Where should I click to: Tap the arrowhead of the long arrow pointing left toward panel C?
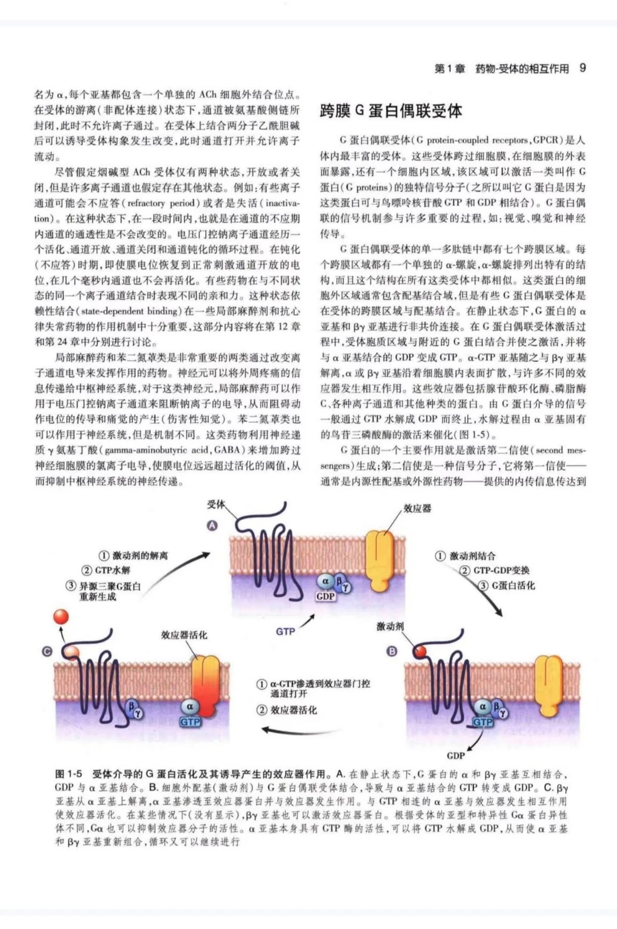(x=263, y=741)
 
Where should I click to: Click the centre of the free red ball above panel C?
(x=61, y=617)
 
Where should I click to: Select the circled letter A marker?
(x=212, y=525)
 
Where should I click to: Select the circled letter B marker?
(x=391, y=651)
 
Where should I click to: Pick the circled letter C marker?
(x=47, y=652)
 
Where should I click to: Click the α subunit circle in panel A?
(x=325, y=581)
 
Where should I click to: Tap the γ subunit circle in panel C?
(x=138, y=713)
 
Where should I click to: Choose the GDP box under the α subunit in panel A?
(x=325, y=596)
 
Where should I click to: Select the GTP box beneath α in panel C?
(x=190, y=722)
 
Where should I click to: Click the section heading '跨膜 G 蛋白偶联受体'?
(x=391, y=111)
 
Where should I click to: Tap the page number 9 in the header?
(x=582, y=68)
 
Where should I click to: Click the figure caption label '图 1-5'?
(x=69, y=774)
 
